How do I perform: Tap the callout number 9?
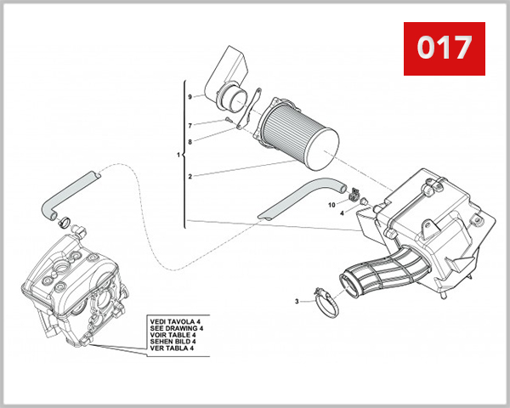190,98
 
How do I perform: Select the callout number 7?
190,125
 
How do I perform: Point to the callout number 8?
190,142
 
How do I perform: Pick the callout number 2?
190,176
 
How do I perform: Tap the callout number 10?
333,205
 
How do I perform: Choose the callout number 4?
342,213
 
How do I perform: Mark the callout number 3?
297,301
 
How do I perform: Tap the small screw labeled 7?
229,122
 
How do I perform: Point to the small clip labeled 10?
351,197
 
